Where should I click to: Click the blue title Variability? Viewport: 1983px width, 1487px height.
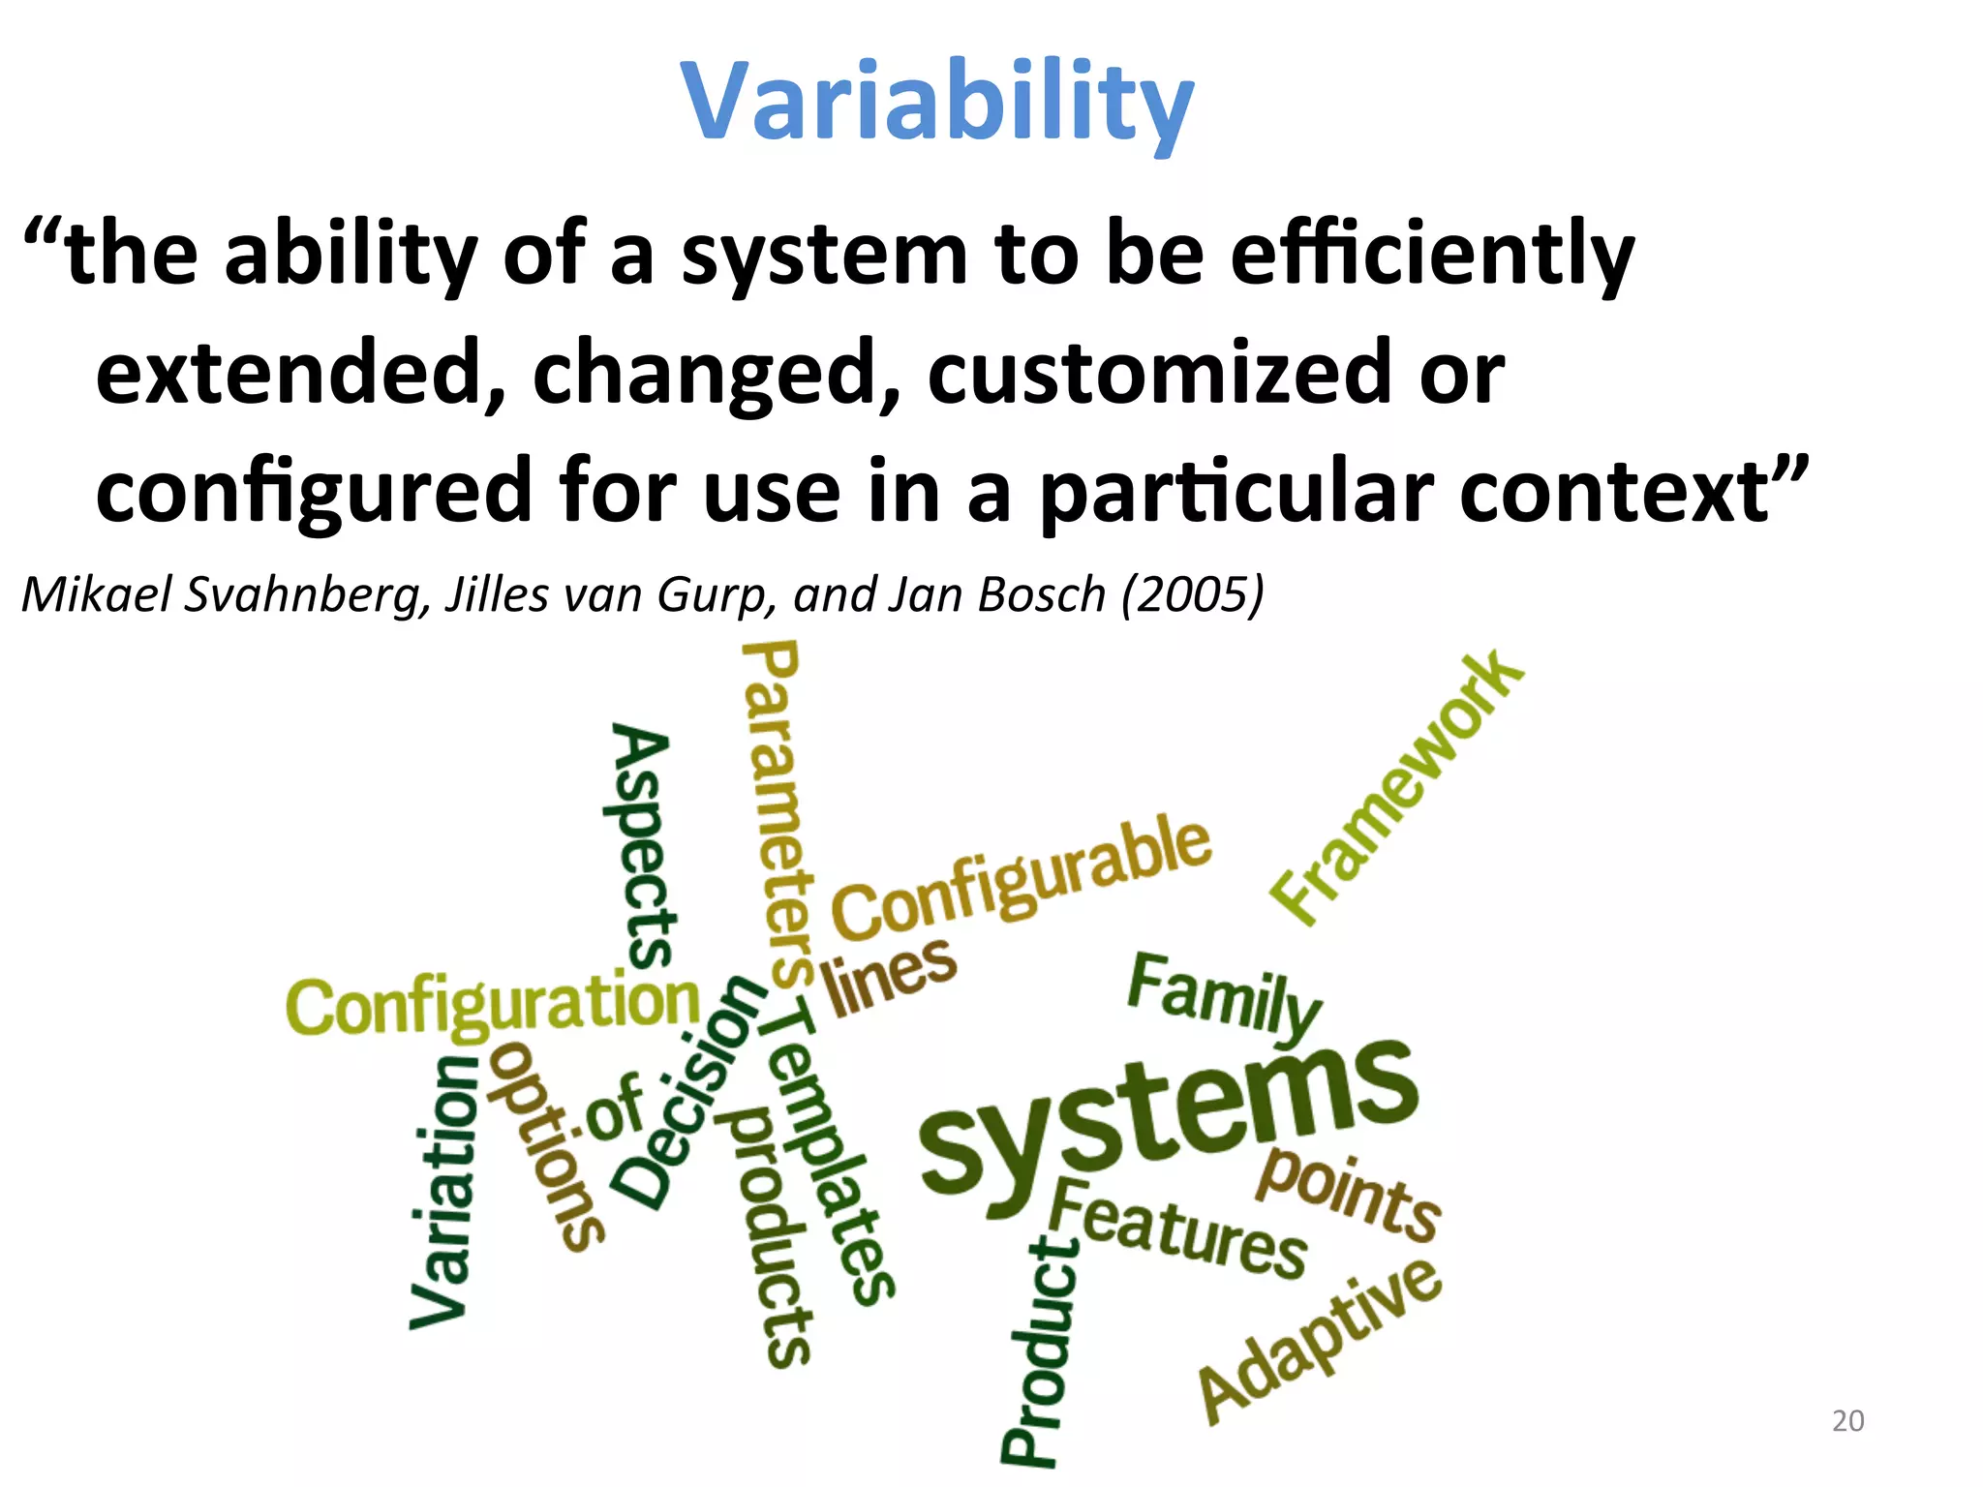pos(936,102)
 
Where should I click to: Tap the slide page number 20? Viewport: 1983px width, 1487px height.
pos(1847,1420)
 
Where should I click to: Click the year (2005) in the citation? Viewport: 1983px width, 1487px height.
pos(1192,593)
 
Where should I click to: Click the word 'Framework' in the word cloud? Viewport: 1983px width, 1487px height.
pos(1397,789)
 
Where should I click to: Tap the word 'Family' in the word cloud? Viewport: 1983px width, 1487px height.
pos(1224,997)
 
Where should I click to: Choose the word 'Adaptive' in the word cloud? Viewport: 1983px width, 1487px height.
pos(1320,1340)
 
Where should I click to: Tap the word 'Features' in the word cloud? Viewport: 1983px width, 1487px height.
pos(1178,1229)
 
